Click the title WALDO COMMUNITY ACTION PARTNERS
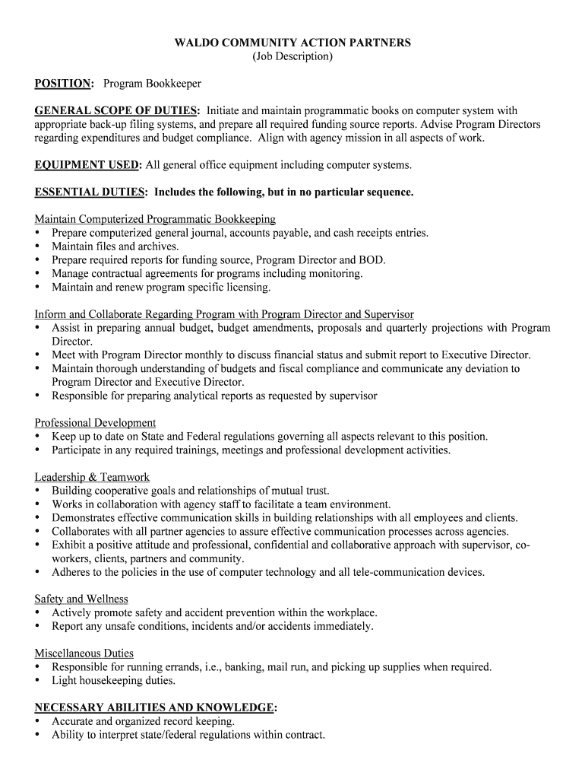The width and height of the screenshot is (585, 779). coord(292,43)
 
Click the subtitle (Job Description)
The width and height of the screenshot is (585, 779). coord(292,56)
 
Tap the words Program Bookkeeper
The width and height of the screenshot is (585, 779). coord(152,83)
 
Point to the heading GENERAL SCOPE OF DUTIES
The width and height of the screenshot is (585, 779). coord(117,110)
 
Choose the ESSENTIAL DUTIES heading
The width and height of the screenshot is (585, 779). coord(90,192)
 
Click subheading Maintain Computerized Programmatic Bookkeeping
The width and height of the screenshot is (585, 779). coord(155,219)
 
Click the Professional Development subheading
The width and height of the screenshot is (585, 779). coord(95,423)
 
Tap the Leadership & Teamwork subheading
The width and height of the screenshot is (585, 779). coord(92,477)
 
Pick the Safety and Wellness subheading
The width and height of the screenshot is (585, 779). coord(81,599)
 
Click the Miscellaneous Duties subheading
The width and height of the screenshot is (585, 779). coord(84,653)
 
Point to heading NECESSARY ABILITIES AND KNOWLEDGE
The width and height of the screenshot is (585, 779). coord(154,707)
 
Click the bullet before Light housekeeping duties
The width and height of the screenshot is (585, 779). coord(37,681)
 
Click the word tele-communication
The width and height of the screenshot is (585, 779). coord(396,572)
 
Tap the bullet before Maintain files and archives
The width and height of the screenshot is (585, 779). coord(37,246)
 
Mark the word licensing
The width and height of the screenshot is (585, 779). coord(248,288)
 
